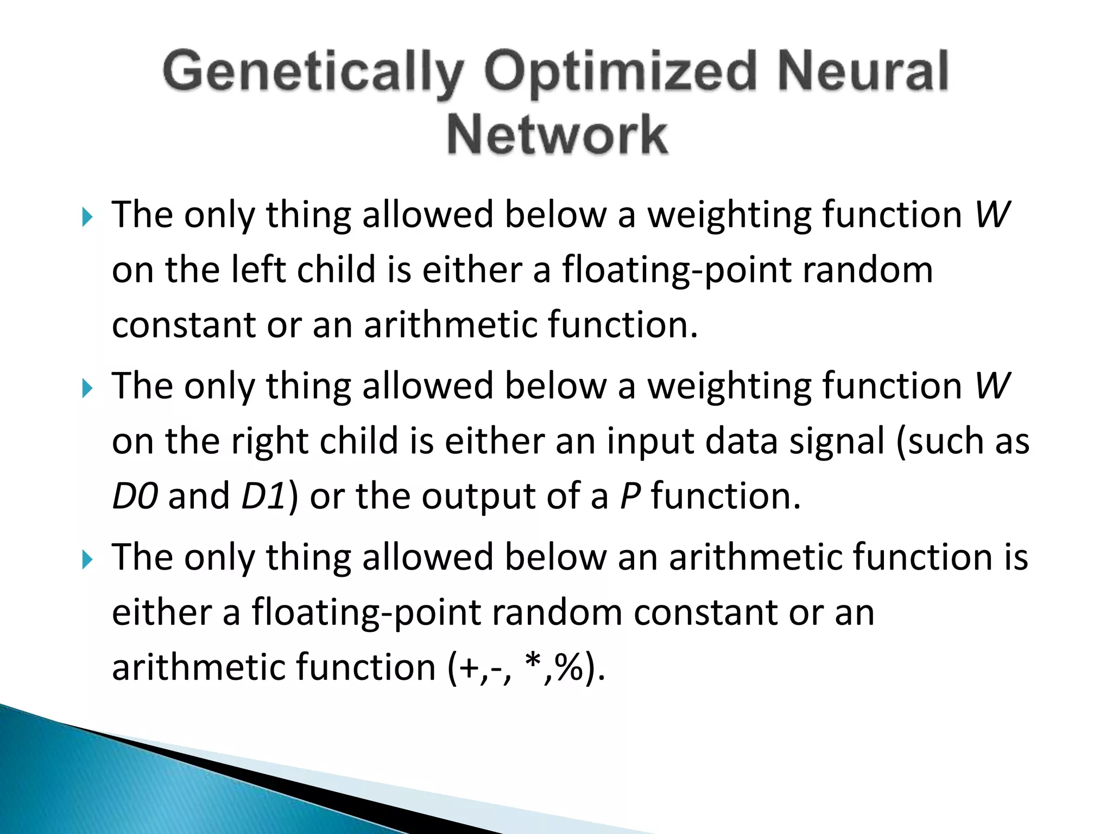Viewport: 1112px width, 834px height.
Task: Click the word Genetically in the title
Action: click(314, 73)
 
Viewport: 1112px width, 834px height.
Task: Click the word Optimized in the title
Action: click(620, 73)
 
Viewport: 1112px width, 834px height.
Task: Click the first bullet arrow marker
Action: click(87, 218)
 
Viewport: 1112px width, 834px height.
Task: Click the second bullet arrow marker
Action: click(87, 389)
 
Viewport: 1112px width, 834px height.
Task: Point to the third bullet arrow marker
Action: click(87, 560)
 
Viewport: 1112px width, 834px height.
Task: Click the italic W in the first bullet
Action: click(992, 215)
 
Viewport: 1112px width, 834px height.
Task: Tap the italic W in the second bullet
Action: click(992, 386)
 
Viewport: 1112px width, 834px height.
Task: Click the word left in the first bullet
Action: click(258, 270)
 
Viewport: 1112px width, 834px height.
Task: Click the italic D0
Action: click(135, 496)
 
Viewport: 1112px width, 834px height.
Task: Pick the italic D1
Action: click(263, 496)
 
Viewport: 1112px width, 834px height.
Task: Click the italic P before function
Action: click(630, 496)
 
